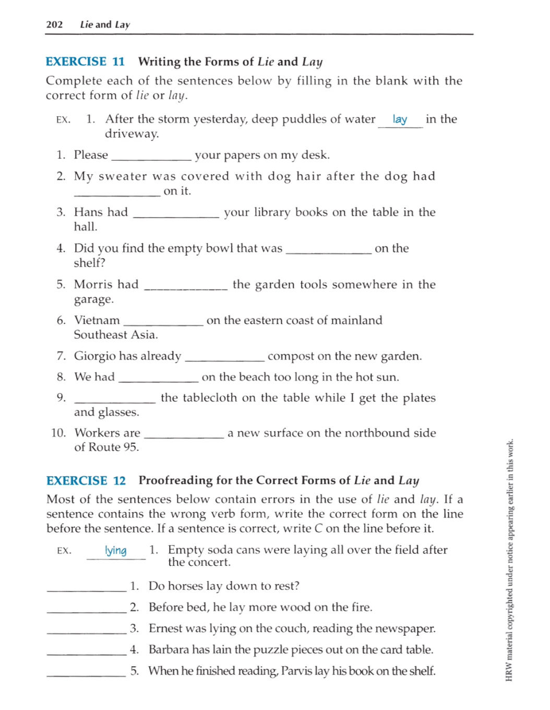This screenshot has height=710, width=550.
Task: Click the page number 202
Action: (x=54, y=25)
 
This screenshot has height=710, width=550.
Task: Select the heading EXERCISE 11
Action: (x=85, y=62)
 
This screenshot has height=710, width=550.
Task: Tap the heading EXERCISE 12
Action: (x=86, y=480)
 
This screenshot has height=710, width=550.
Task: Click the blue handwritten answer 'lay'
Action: (x=400, y=120)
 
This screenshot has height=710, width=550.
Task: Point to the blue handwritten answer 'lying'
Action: (x=115, y=551)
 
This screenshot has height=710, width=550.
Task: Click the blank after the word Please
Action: (x=151, y=156)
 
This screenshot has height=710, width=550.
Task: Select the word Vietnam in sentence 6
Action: (x=97, y=320)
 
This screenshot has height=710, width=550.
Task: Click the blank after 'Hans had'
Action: (x=176, y=213)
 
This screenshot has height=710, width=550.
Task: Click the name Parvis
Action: (x=296, y=671)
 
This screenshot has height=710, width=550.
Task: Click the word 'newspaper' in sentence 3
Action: (x=408, y=629)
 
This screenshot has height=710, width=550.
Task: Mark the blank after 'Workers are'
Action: (x=184, y=434)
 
